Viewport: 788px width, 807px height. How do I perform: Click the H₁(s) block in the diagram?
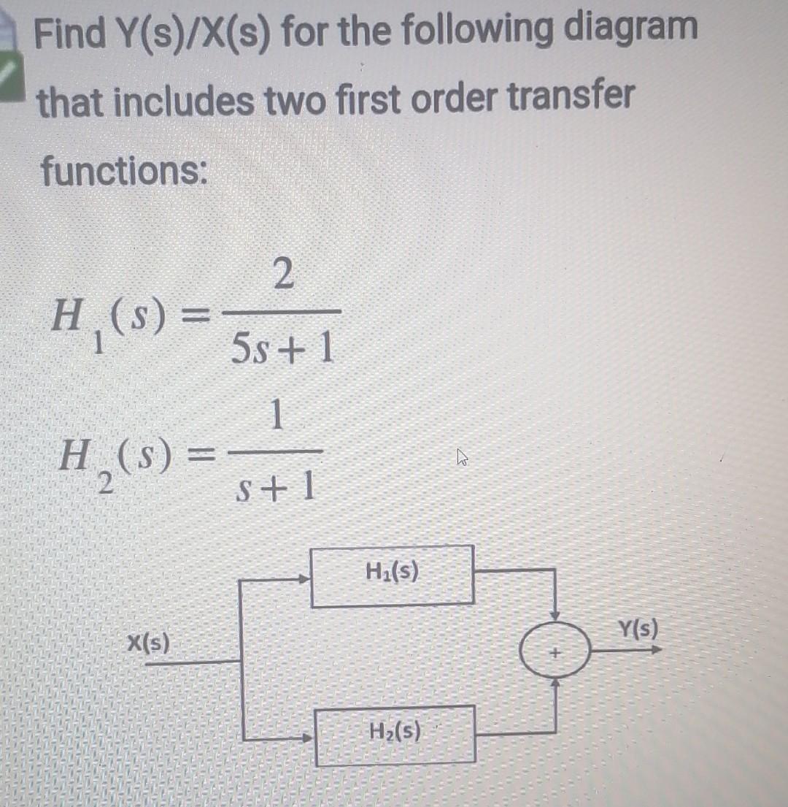393,576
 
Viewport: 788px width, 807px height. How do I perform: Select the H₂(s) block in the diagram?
395,733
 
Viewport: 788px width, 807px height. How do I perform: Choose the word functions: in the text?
123,172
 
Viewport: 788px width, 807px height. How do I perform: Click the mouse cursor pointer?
460,458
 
